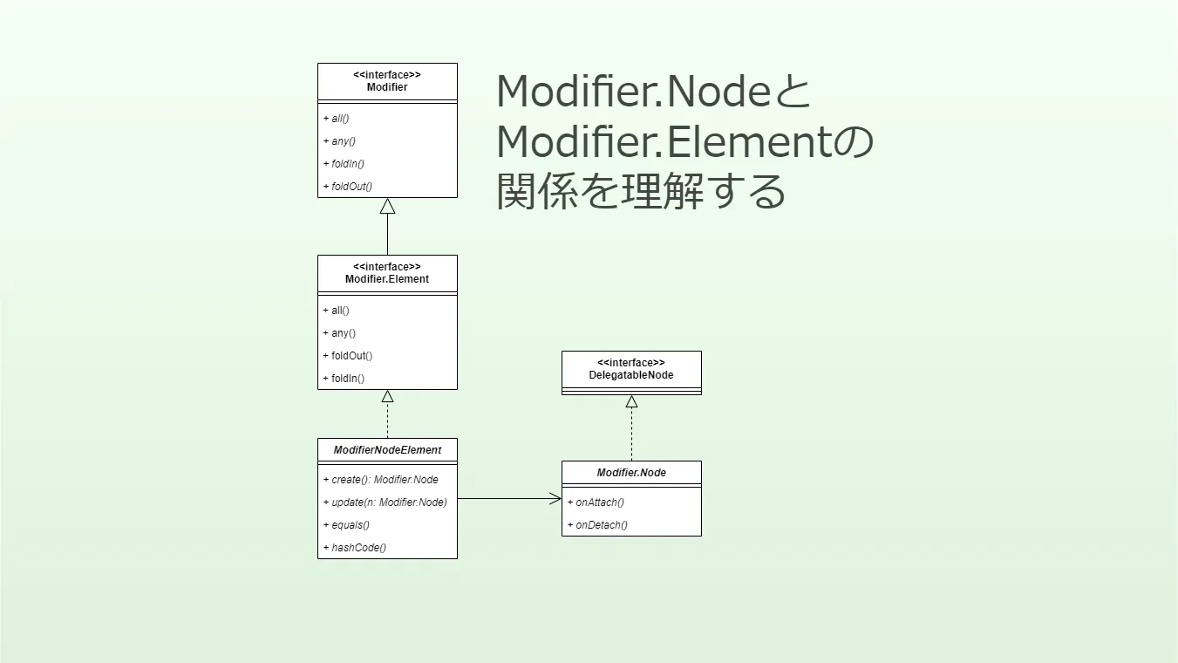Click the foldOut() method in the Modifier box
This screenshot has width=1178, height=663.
coord(351,186)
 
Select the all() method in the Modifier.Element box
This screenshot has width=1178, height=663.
coord(340,310)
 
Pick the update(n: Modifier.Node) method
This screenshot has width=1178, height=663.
coord(389,502)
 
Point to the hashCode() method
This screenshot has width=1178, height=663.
coord(358,547)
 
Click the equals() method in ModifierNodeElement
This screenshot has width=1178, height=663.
coord(351,524)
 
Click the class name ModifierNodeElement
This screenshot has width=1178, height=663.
coord(387,450)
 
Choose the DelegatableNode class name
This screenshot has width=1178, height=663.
coord(631,375)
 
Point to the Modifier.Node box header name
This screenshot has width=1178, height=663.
coord(631,473)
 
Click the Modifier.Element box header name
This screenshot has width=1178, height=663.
coord(387,279)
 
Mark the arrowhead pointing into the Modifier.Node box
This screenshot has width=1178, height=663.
coord(555,499)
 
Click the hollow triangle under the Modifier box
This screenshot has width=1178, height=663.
coord(387,207)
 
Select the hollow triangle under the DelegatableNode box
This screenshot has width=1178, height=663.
coord(631,402)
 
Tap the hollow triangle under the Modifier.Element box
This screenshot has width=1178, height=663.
coord(387,397)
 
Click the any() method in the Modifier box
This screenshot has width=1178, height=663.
coord(344,140)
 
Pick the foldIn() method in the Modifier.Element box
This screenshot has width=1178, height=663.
coord(347,378)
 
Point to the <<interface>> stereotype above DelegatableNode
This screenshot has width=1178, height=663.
coord(631,363)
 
